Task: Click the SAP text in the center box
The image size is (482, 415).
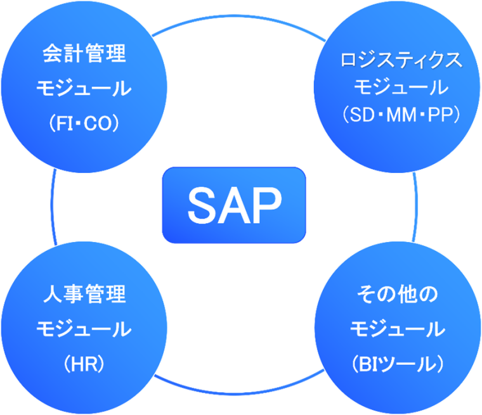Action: coord(235,205)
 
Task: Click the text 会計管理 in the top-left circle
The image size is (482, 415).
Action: coord(84,53)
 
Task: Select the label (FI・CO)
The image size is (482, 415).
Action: coord(84,124)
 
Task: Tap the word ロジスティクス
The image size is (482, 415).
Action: coord(401,60)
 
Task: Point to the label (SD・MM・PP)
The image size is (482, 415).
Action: coord(401,115)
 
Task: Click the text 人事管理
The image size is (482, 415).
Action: coord(84,294)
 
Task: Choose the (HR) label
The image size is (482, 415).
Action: coord(84,364)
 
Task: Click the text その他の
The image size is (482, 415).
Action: coord(398,294)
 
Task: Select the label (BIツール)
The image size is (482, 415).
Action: coord(398,364)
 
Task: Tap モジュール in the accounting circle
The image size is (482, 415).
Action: coord(84,88)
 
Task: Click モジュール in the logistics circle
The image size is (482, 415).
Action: coord(401,87)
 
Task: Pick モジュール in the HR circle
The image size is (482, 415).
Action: coord(84,329)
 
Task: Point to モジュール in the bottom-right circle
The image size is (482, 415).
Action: coord(398,329)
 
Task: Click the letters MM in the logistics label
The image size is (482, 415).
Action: coord(401,115)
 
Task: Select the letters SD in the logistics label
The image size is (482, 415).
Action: coord(362,115)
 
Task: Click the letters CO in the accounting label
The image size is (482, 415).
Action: coord(98,124)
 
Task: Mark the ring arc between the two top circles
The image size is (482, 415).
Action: coord(238,16)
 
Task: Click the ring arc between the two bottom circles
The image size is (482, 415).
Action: coord(238,393)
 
